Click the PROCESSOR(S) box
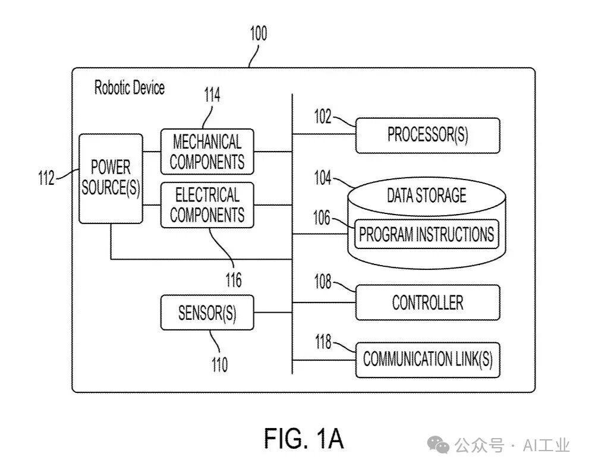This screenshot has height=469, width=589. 427,135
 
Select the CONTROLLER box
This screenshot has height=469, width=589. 427,303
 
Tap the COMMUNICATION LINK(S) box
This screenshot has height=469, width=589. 427,359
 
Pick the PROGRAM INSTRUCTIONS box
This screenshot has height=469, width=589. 426,234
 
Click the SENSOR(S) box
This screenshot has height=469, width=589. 207,313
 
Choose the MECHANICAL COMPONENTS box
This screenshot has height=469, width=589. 207,152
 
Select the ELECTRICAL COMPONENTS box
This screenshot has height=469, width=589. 207,205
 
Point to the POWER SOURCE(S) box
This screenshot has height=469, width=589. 111,178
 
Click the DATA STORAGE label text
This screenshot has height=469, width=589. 426,196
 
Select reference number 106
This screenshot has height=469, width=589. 322,218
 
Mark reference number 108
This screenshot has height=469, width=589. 322,282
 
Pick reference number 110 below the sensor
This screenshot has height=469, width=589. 219,363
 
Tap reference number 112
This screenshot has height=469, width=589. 46,177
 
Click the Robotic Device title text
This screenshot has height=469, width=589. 130,88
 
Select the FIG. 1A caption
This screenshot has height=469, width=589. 304,439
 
